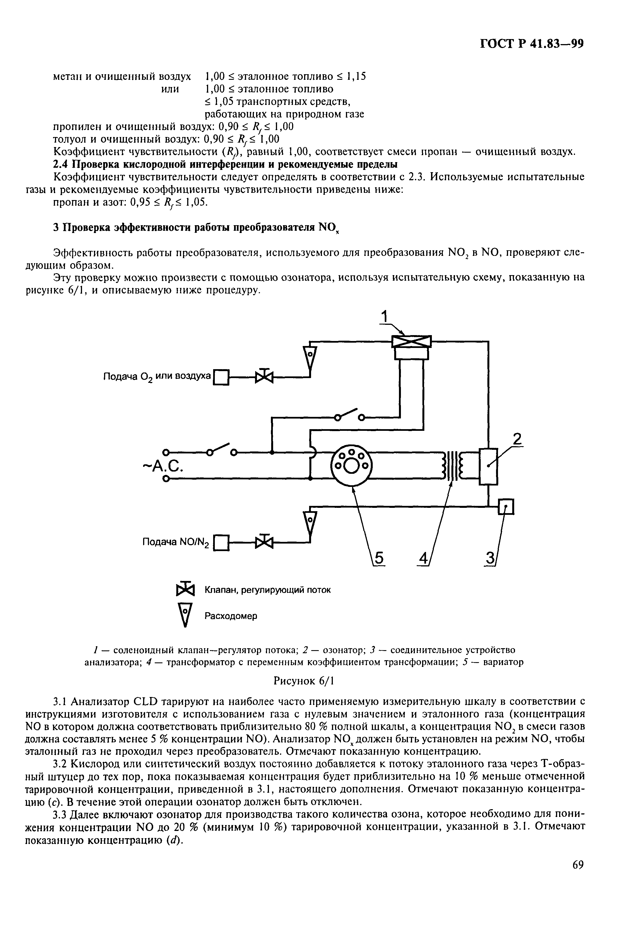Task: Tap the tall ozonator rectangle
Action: coord(488,466)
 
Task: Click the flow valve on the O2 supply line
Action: coord(264,377)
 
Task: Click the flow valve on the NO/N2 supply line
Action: coord(264,542)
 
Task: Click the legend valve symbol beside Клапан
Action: coord(185,589)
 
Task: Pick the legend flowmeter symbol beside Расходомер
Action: coord(185,615)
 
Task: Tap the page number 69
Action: coord(578,865)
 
